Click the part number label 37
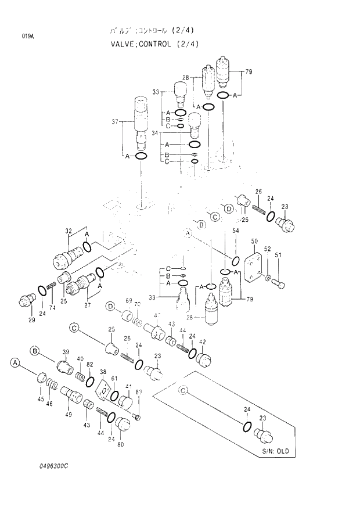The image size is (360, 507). click(114, 121)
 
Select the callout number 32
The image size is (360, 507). click(69, 231)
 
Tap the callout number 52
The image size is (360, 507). click(267, 249)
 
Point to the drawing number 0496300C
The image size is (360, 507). click(51, 466)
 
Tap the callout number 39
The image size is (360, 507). click(66, 353)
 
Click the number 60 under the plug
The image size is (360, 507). click(121, 445)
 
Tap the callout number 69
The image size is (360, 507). click(129, 300)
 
